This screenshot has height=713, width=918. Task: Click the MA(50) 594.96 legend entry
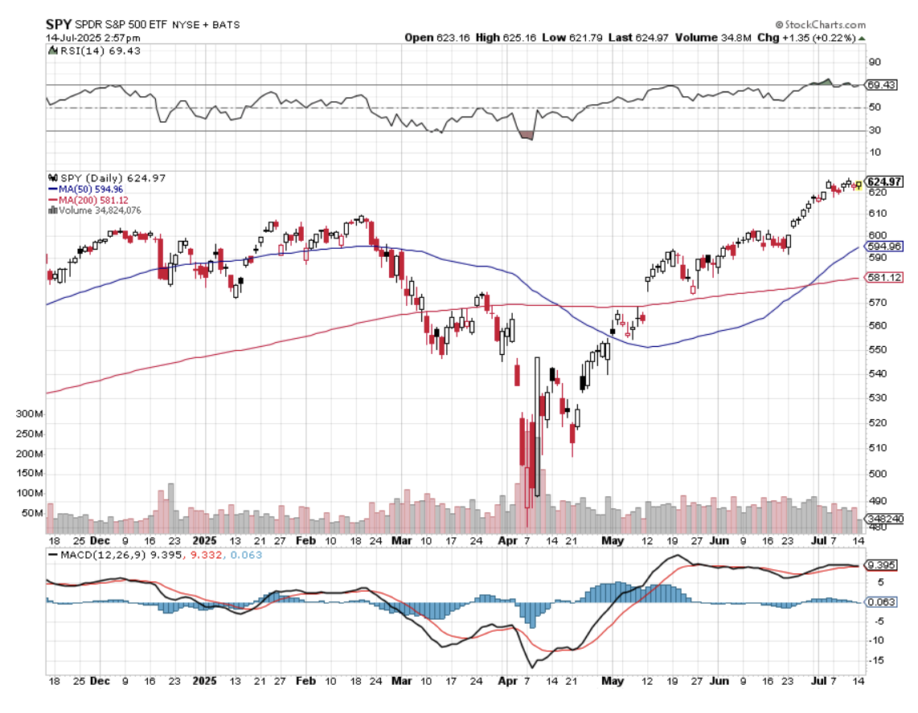(86, 189)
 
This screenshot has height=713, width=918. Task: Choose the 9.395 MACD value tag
(877, 565)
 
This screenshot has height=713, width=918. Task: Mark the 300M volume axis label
(30, 414)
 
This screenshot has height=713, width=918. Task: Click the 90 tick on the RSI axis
(874, 62)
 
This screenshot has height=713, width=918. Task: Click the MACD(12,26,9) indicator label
(98, 555)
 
